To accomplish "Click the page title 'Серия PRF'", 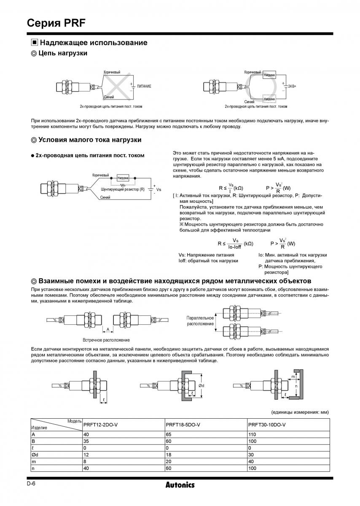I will pos(56,23).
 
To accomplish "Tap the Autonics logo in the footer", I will pos(180,485).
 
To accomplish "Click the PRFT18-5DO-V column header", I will pos(183,424).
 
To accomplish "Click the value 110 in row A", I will pos(253,434).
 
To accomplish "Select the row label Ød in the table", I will pos(35,454).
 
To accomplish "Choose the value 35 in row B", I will pos(86,441).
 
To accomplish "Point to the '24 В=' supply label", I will pos(291,86).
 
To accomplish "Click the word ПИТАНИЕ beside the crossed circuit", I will pos(144,86).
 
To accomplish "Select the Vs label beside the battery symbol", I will pos(159,190).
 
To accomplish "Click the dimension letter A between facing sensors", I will pos(108,329).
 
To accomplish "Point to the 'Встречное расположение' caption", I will pos(106,340).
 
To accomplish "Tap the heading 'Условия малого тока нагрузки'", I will pos(89,140).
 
